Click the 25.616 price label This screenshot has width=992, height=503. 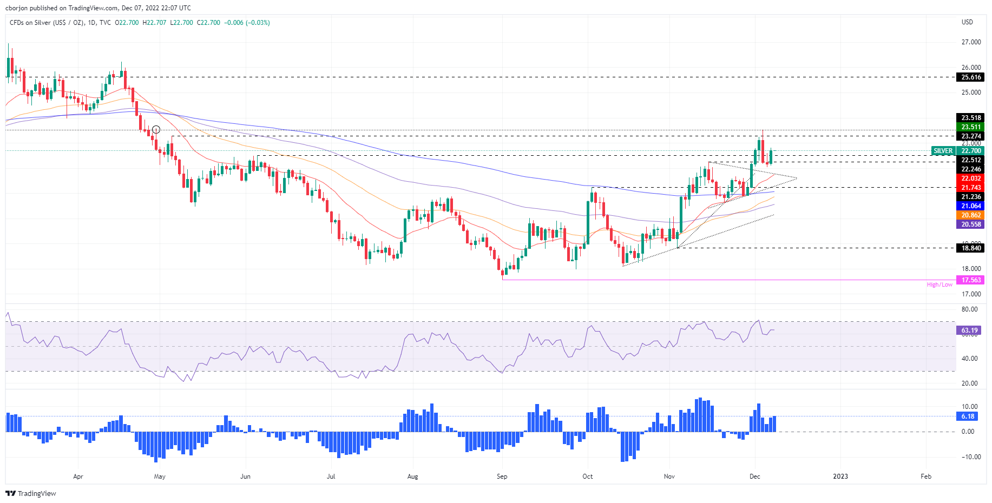(x=971, y=77)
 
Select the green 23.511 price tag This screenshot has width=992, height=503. (x=971, y=127)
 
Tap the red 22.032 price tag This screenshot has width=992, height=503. (x=971, y=178)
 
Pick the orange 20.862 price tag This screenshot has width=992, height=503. (x=971, y=215)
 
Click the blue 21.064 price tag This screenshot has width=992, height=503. (x=971, y=206)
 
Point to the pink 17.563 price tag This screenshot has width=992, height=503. (x=971, y=280)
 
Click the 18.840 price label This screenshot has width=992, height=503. (x=971, y=248)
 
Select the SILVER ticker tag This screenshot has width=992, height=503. (x=943, y=151)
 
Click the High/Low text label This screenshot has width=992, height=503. (x=940, y=284)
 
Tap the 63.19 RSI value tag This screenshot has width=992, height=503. (x=969, y=330)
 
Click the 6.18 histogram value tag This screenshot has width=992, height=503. (x=968, y=416)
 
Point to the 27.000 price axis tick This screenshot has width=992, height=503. (x=971, y=42)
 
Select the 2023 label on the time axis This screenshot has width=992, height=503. (x=840, y=476)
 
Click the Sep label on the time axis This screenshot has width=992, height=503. (x=502, y=476)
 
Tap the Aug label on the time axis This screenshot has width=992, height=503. (x=412, y=476)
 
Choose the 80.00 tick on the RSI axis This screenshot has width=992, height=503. (x=970, y=309)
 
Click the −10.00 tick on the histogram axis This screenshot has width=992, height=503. (x=969, y=457)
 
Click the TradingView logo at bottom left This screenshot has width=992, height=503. (x=31, y=493)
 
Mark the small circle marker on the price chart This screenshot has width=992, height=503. (x=156, y=129)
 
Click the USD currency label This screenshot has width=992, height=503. (x=967, y=22)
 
